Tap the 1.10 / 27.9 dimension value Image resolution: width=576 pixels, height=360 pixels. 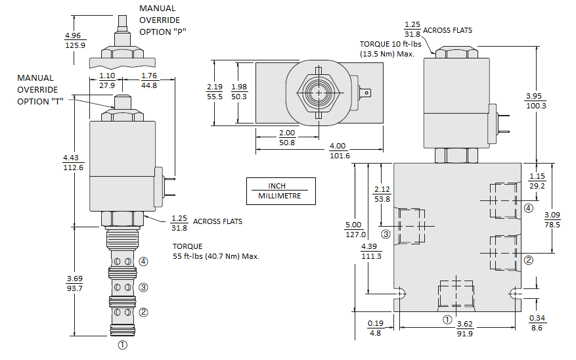(106, 81)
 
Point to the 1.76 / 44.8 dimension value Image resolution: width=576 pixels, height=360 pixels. (149, 81)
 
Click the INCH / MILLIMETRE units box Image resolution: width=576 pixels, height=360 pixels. (280, 191)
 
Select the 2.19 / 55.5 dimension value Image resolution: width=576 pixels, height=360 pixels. (215, 92)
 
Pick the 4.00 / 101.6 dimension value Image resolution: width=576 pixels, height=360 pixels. (339, 150)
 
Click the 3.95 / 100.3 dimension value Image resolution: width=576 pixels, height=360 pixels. (537, 101)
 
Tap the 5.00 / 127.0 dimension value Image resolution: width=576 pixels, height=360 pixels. (355, 230)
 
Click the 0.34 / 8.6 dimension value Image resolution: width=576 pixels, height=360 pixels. (537, 323)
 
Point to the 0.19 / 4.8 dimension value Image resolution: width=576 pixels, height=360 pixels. (376, 328)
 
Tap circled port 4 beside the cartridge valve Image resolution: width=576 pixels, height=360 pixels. (143, 261)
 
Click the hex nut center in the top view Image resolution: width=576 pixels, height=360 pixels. (319, 93)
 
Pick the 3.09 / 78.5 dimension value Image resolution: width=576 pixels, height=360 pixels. (553, 219)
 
